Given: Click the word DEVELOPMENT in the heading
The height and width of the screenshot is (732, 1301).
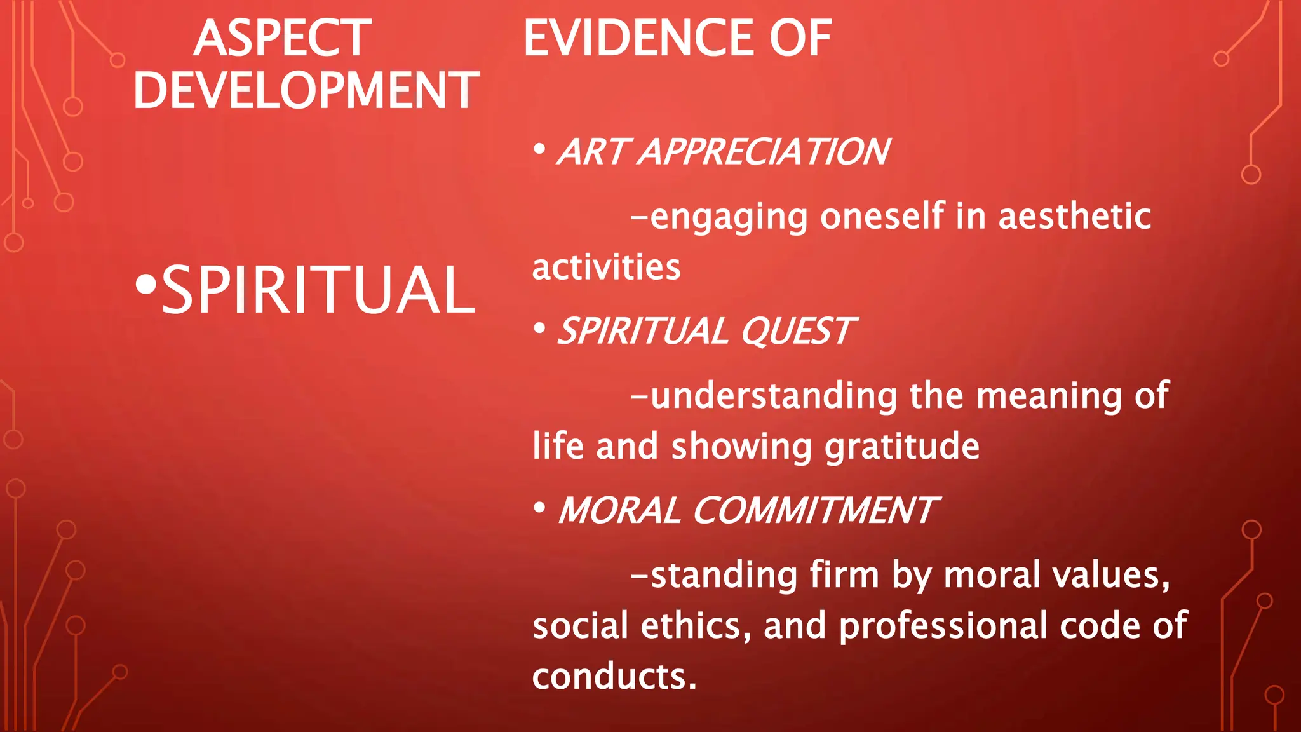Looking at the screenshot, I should (x=306, y=90).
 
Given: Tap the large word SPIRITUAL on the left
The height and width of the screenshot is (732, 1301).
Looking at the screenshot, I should (x=318, y=290).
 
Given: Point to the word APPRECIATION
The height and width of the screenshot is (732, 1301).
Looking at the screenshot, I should (x=764, y=152).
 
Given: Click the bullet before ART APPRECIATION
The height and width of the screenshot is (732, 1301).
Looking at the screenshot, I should (x=539, y=150).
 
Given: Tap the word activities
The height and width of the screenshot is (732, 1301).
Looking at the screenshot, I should (x=606, y=267).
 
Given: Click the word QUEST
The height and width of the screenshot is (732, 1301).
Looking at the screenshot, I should (x=797, y=332).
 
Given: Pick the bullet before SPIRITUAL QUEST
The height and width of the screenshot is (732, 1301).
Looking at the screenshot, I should (x=539, y=329).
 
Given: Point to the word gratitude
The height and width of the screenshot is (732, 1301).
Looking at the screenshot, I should (x=901, y=447).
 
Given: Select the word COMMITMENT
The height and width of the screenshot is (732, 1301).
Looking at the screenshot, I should (x=814, y=511).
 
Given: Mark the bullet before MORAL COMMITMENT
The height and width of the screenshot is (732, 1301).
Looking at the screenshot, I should (x=539, y=508).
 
